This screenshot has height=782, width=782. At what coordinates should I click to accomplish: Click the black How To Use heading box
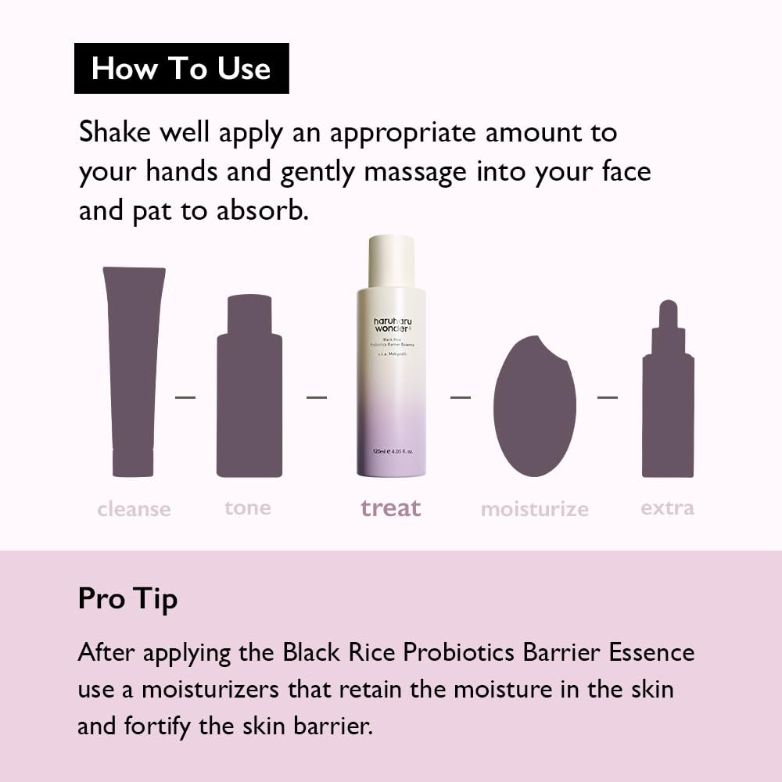coord(181,68)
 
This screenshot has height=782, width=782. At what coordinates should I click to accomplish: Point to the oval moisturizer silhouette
coord(535,407)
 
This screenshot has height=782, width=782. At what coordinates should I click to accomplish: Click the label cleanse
coord(134,509)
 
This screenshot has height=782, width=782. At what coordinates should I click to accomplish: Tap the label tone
coord(248,508)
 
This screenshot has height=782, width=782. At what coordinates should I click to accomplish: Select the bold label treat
coord(391,508)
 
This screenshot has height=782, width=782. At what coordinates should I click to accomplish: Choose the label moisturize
coord(535,509)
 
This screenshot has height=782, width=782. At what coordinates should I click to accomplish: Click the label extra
coord(667,508)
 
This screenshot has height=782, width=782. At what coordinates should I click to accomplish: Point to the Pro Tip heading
coord(128,599)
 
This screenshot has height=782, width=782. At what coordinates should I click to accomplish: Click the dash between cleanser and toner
coord(185,397)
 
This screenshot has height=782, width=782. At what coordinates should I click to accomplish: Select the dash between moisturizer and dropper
coord(608,397)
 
